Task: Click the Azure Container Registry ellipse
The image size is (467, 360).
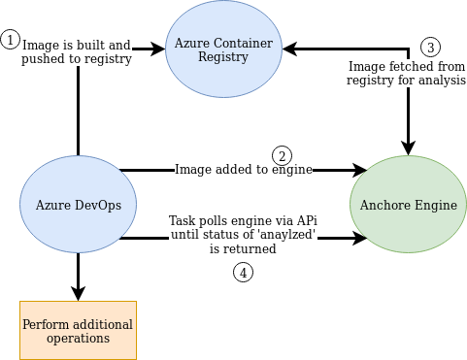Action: (224, 49)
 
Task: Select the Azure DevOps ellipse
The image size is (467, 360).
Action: (78, 205)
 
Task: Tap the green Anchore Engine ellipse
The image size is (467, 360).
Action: (408, 205)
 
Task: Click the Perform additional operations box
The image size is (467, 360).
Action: (78, 329)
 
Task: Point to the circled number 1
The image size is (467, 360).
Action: (11, 40)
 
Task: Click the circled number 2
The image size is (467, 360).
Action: (282, 155)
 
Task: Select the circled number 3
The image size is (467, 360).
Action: (431, 47)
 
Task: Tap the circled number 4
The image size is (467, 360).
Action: (243, 273)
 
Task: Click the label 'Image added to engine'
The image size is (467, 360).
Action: (243, 170)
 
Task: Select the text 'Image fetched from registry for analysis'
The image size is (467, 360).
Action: (406, 74)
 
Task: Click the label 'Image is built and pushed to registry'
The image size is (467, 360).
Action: (77, 51)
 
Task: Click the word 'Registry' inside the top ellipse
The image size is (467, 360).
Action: (224, 57)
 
